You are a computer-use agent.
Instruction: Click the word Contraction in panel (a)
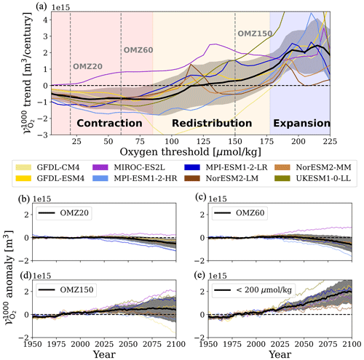pos(108,124)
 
